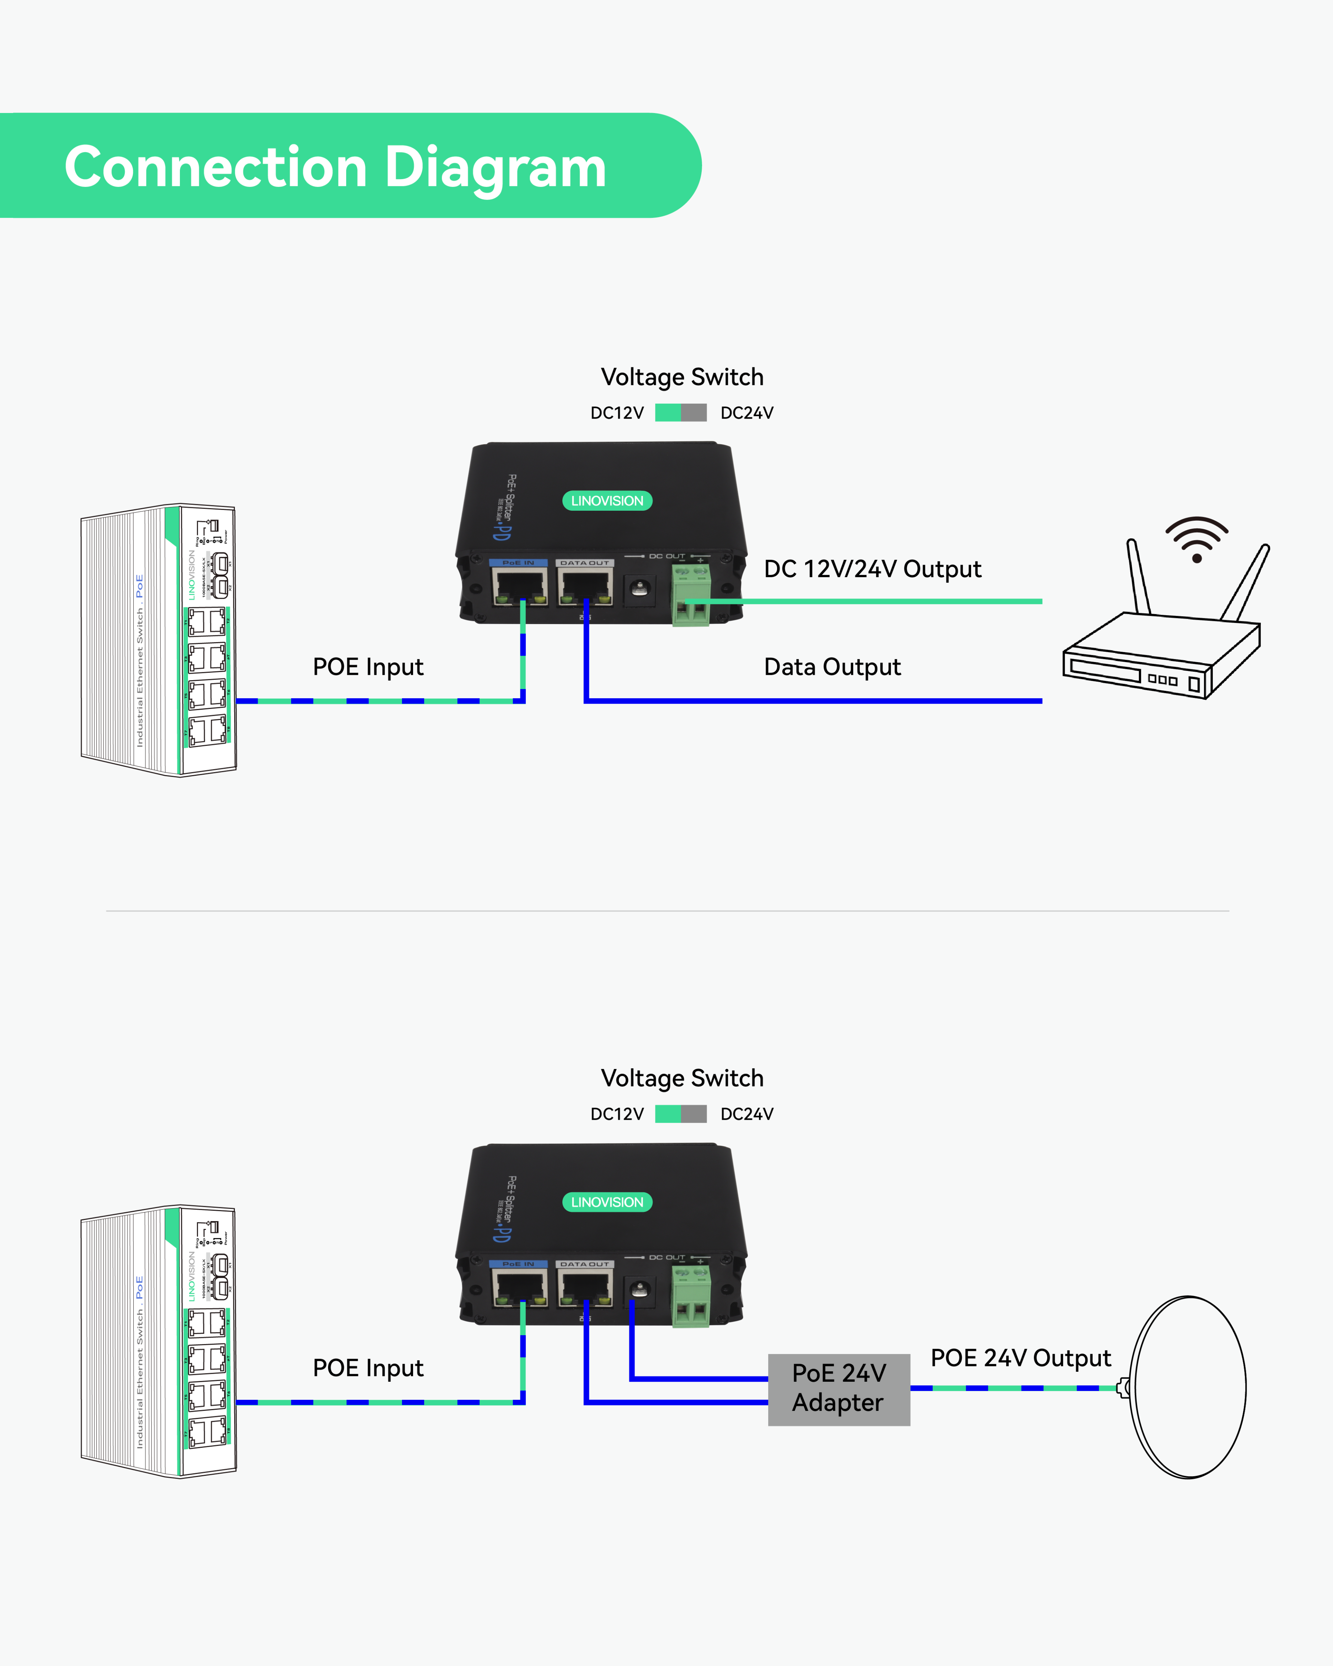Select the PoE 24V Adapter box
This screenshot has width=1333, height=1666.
point(839,1388)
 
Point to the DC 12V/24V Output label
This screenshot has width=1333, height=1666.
point(872,569)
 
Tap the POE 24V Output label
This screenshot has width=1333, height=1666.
point(1020,1358)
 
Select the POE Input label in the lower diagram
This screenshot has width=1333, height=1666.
point(368,1368)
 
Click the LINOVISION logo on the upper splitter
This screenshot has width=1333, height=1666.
point(607,501)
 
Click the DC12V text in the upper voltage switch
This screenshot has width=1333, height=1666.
point(617,413)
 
